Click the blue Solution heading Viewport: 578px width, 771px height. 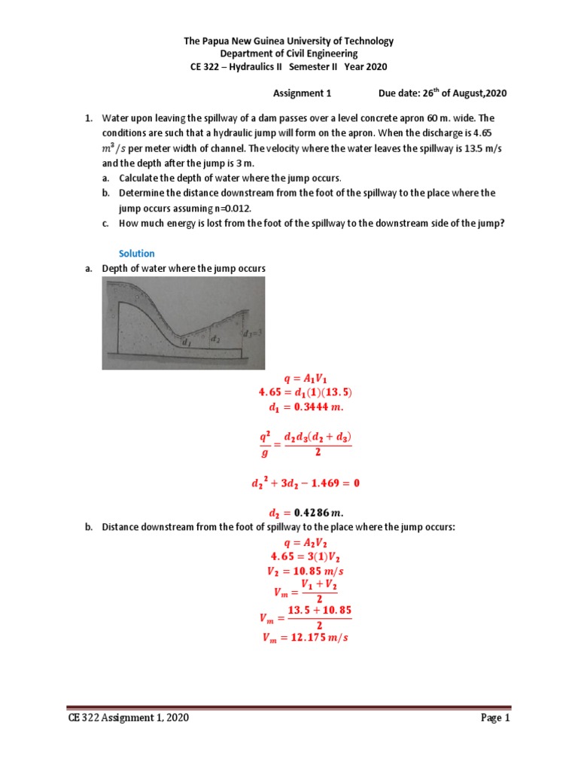pos(137,254)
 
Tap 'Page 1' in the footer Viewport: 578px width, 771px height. pos(496,718)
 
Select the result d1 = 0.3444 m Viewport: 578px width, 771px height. pos(300,407)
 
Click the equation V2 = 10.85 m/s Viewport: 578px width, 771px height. pos(300,571)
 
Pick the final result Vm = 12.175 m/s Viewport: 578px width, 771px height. pos(300,637)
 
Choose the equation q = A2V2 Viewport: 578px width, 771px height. pos(300,544)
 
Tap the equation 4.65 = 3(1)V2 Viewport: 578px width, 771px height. pos(300,557)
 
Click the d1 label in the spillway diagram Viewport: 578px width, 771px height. pos(187,342)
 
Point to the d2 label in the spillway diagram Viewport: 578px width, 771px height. pos(215,339)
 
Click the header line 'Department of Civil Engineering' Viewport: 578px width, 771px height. pos(289,54)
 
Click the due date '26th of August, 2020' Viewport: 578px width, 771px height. pos(458,93)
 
